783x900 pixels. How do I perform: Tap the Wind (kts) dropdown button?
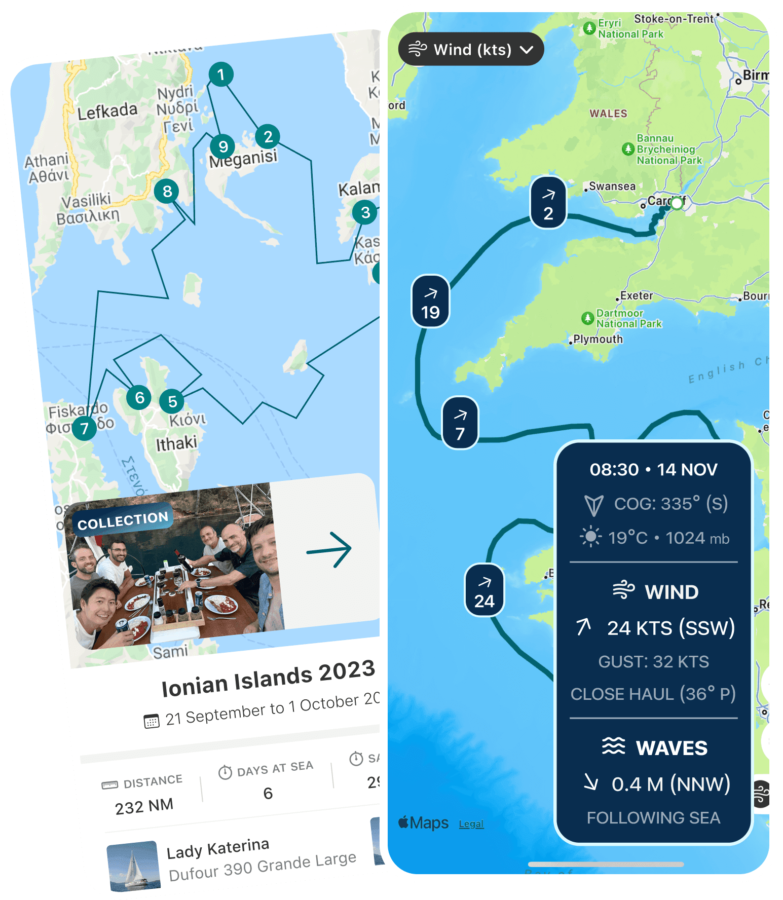[x=471, y=50]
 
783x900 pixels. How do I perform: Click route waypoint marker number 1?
[x=221, y=74]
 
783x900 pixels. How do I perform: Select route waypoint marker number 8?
[x=167, y=192]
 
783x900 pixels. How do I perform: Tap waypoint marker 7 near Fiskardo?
[x=84, y=429]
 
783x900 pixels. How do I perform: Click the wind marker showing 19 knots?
[x=430, y=302]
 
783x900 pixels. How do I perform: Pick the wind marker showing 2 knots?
[x=548, y=203]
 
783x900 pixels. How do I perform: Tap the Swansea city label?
[x=612, y=186]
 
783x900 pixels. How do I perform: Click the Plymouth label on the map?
[x=598, y=339]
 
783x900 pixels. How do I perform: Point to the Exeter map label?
[x=637, y=295]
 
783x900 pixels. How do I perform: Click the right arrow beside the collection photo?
[x=329, y=549]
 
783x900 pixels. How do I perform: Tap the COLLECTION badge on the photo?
[x=123, y=520]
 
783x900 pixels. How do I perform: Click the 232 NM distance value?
[x=144, y=806]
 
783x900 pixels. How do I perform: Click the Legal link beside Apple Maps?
[x=471, y=824]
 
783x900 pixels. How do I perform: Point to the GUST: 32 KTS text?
[x=653, y=662]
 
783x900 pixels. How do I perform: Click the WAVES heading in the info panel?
[x=671, y=748]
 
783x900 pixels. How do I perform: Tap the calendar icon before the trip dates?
[x=152, y=721]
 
